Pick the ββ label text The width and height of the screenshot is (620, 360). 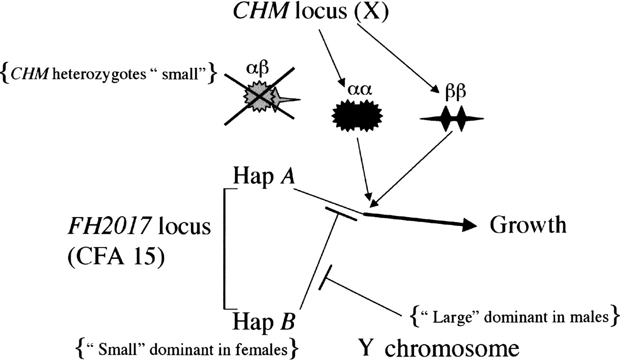(x=453, y=92)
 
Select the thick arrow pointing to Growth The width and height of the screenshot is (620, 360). (x=421, y=220)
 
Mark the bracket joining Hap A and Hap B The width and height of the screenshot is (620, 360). (x=224, y=247)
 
